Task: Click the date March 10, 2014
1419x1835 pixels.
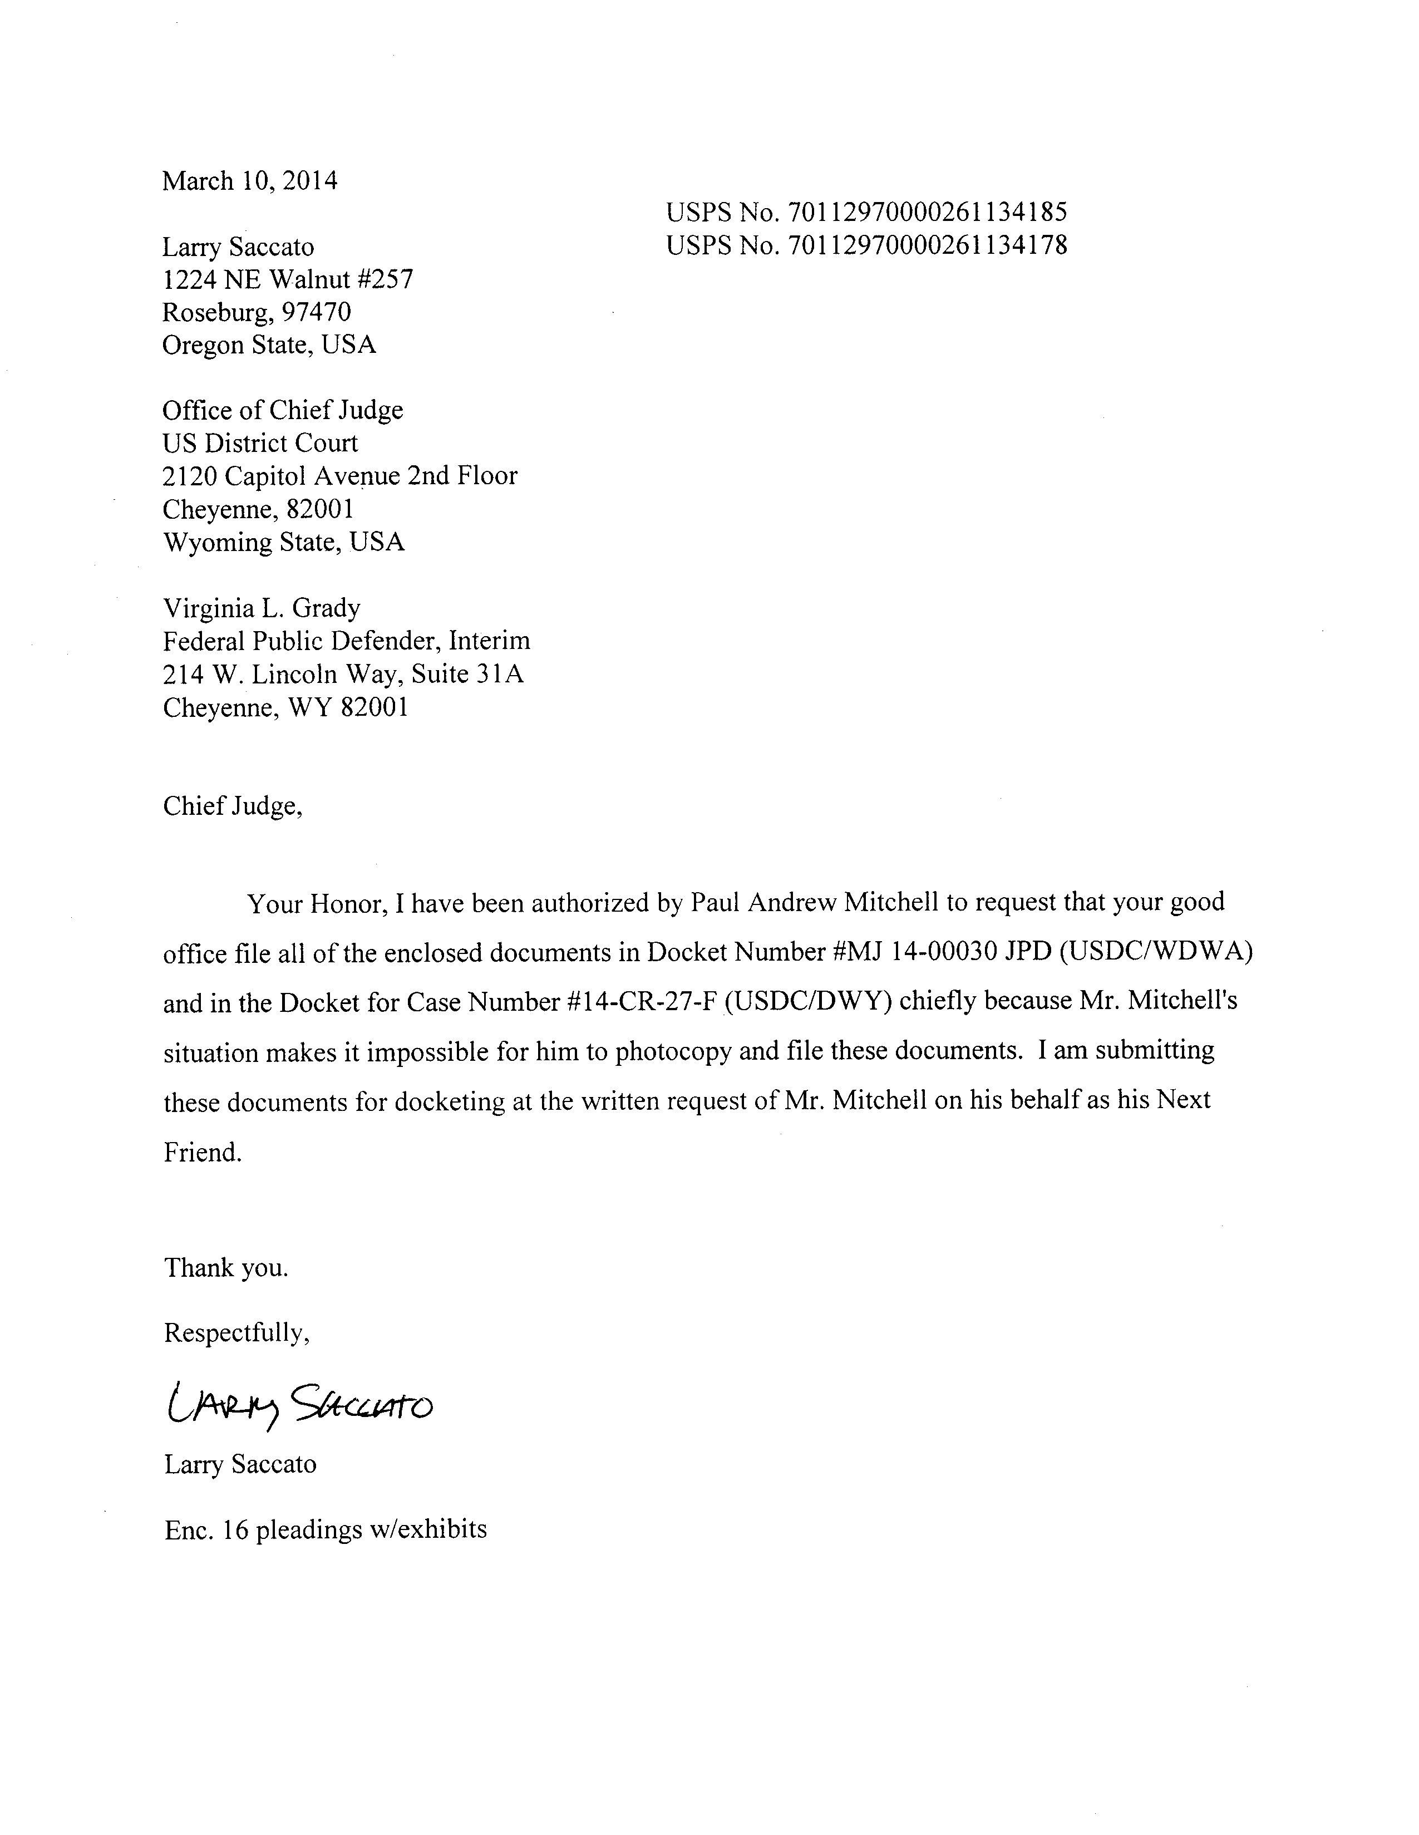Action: (x=249, y=181)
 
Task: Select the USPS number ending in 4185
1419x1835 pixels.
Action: (x=866, y=211)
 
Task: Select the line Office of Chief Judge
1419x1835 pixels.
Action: (x=282, y=410)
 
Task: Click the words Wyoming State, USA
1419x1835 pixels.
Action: (x=283, y=542)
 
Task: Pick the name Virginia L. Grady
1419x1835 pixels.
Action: (x=262, y=607)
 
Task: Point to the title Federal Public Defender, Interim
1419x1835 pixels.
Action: (x=346, y=641)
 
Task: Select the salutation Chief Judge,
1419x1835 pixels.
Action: (x=232, y=806)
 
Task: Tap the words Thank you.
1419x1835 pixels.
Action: (x=226, y=1267)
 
